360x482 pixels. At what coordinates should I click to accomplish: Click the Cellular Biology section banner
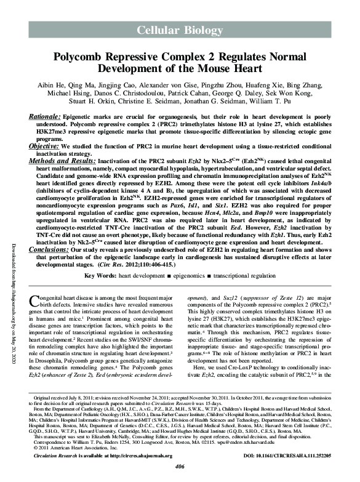(180, 29)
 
